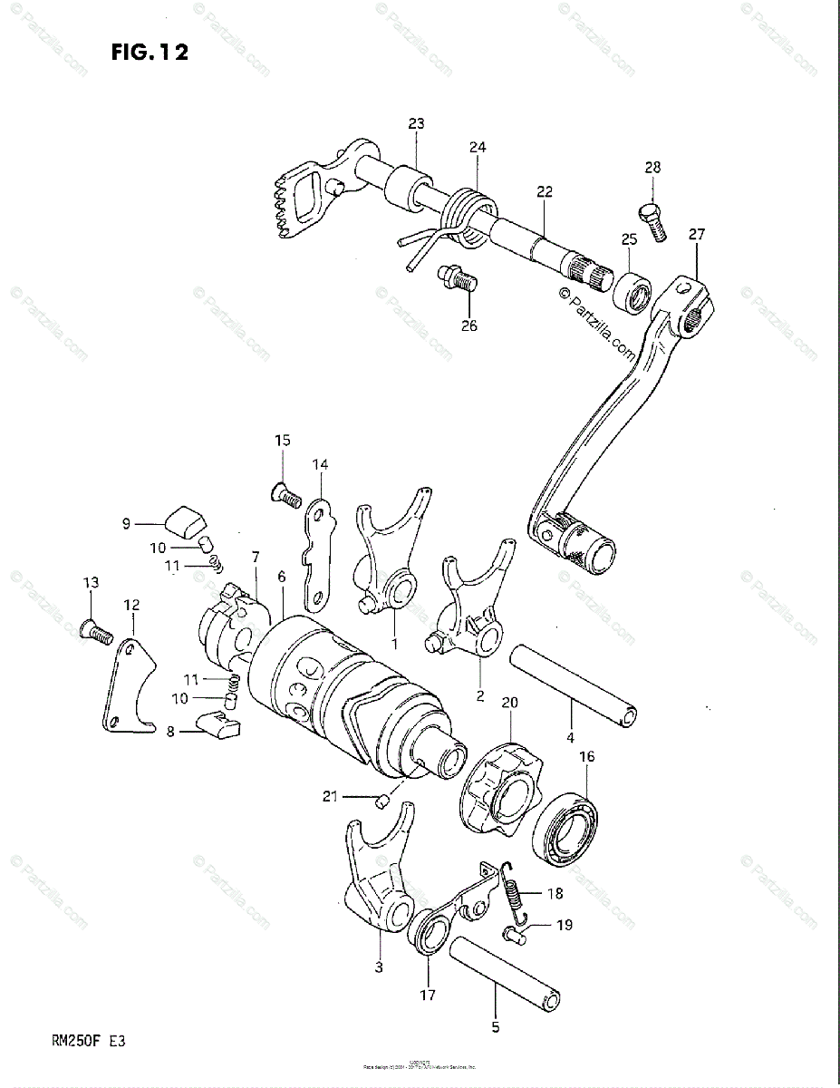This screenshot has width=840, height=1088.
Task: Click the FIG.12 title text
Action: [150, 53]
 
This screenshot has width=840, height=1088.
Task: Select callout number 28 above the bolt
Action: [652, 167]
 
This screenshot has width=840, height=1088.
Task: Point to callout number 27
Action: [696, 234]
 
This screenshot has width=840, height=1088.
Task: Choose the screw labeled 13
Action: [93, 627]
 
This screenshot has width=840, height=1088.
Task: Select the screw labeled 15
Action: [286, 494]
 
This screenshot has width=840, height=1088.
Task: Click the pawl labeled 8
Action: [218, 724]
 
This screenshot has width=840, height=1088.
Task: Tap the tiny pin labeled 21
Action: [382, 801]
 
